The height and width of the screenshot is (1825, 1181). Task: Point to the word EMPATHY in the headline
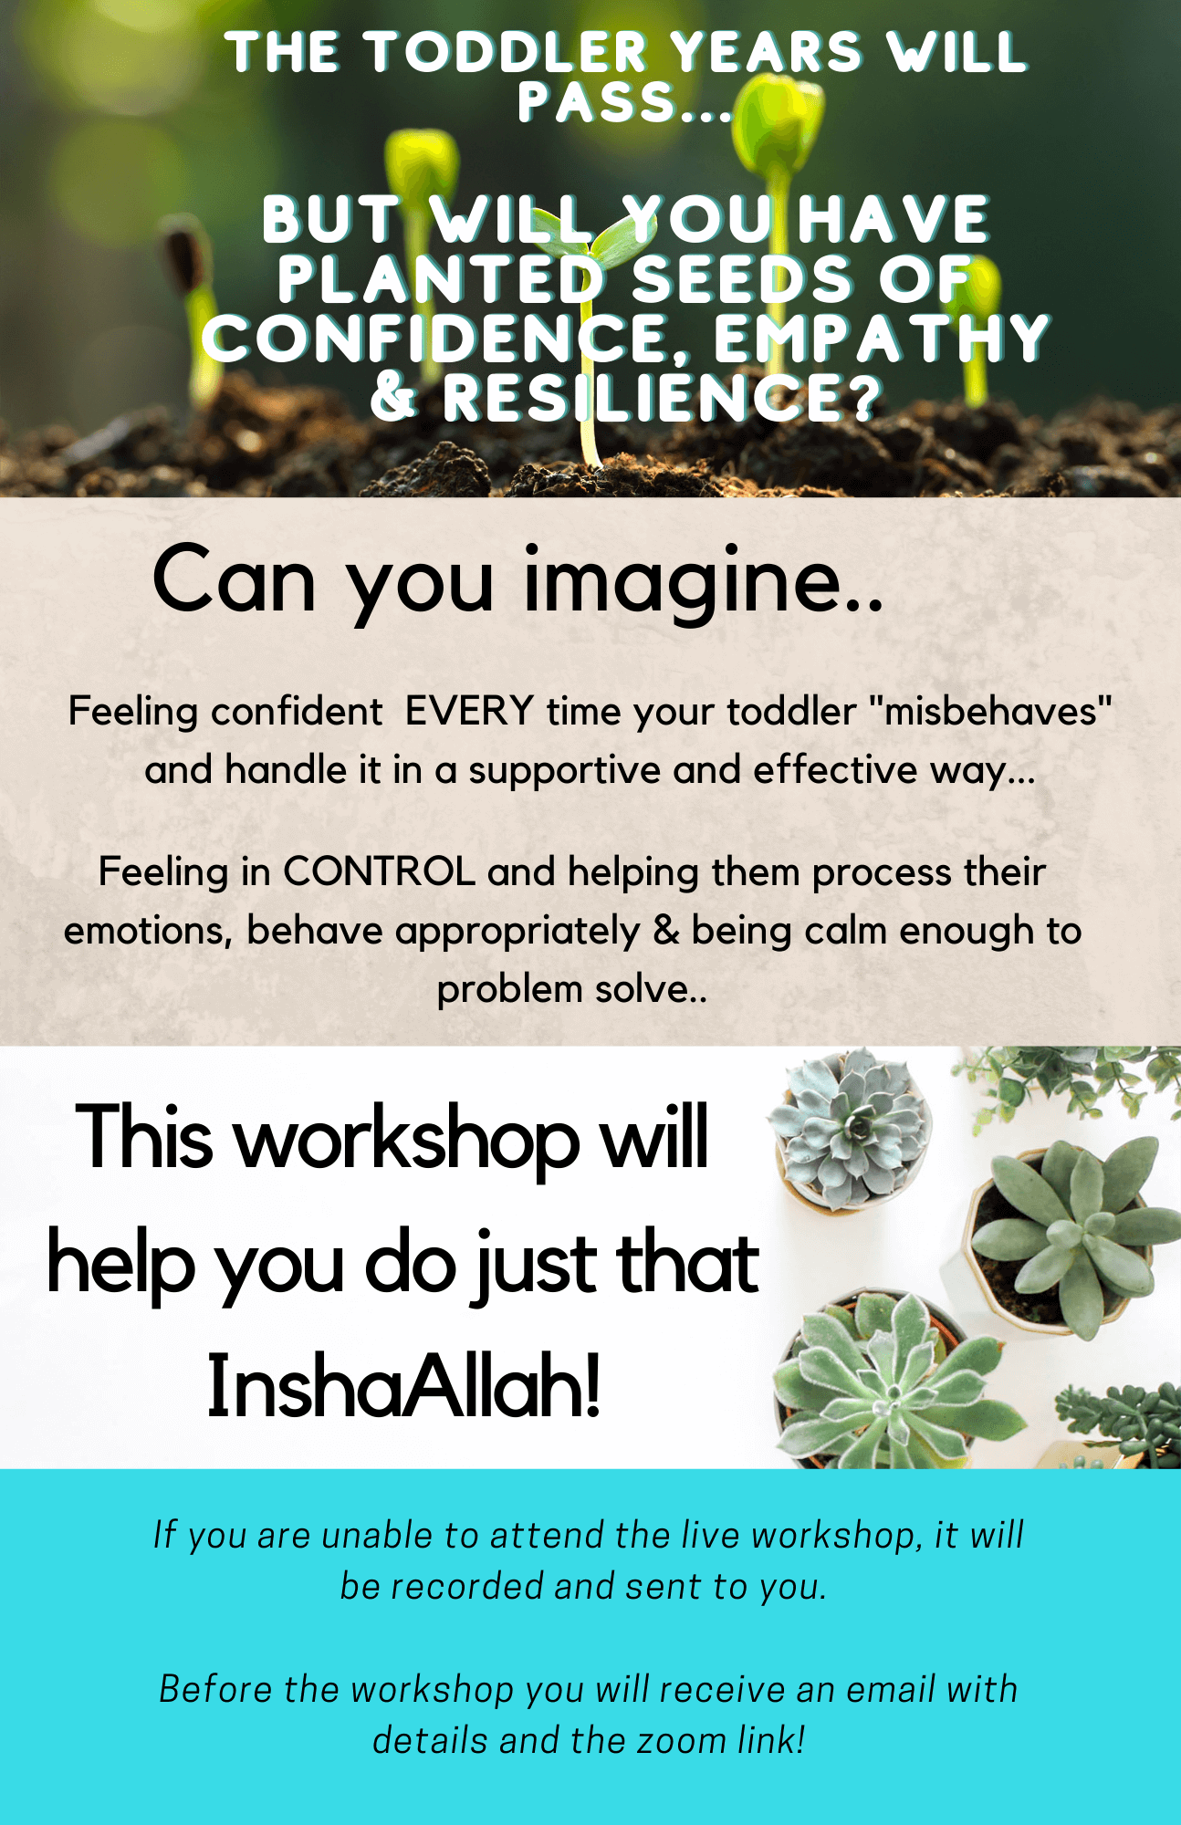point(881,339)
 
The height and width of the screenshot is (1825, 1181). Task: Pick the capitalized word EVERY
point(469,711)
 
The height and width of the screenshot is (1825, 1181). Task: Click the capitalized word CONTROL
point(379,871)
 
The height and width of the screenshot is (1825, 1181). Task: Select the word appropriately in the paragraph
point(517,933)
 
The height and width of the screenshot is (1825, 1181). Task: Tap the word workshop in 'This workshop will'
point(408,1138)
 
